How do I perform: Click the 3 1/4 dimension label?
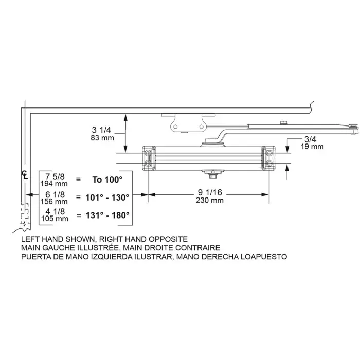(101, 130)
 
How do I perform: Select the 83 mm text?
(102, 138)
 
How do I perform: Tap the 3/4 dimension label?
(310, 139)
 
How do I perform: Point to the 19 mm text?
(312, 147)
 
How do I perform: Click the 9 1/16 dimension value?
(210, 192)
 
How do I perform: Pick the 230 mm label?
(210, 200)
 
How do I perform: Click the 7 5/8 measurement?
(55, 177)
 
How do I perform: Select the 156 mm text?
(54, 202)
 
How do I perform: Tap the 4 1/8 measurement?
(55, 211)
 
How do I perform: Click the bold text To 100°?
(107, 179)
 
